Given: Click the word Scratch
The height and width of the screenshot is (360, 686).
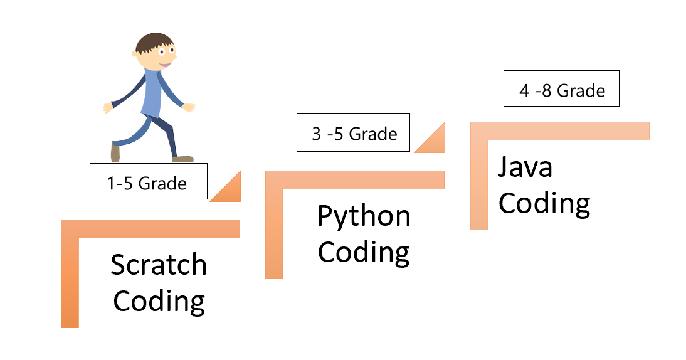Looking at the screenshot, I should pos(159,265).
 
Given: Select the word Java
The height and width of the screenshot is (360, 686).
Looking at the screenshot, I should pos(525,167).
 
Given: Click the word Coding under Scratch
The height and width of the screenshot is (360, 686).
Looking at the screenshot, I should pos(159,301).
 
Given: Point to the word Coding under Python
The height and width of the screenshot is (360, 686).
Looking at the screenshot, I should pos(364,252).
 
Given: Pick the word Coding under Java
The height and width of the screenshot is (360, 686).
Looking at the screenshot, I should pos(544,203).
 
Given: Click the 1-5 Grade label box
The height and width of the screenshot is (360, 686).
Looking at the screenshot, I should pos(148,182).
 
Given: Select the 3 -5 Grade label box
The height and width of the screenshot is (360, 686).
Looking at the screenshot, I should pos(353,132).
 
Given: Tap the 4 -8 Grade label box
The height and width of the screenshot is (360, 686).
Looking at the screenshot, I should pos(561,89).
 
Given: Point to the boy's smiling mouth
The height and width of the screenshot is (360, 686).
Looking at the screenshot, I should pos(165,64).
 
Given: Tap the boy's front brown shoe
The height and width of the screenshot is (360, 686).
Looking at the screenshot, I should pos(183,159).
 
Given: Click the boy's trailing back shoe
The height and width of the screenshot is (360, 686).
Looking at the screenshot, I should pos(115,152).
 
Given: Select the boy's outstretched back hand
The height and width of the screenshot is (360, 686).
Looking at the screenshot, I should pos(108,108).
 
